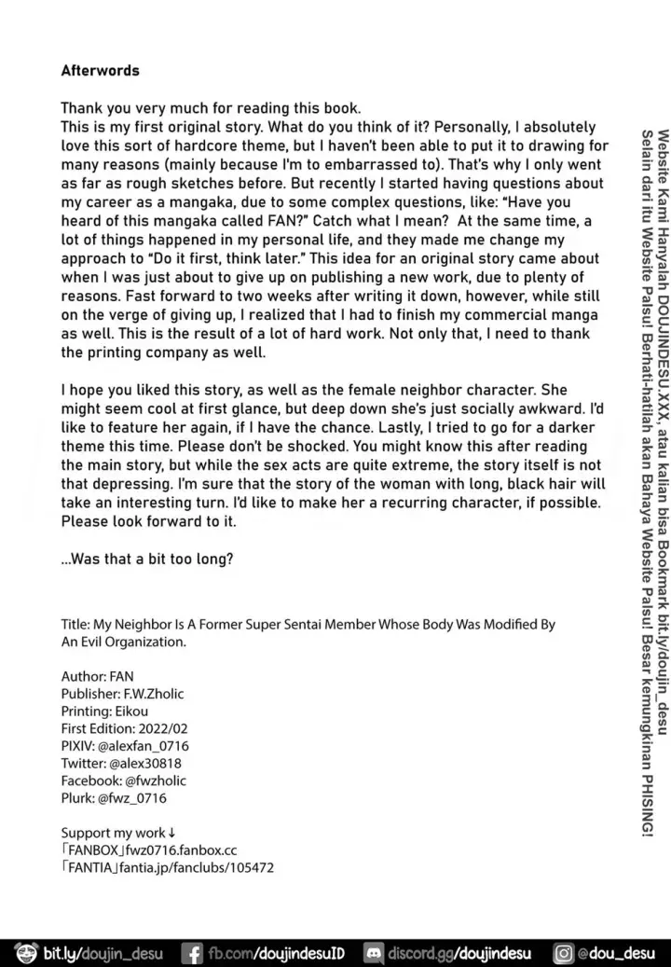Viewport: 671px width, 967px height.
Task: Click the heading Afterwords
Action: pos(100,70)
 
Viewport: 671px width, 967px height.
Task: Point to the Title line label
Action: pos(76,625)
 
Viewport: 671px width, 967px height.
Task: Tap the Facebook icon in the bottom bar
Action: pos(194,954)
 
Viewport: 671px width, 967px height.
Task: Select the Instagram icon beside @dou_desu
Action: pos(564,954)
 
